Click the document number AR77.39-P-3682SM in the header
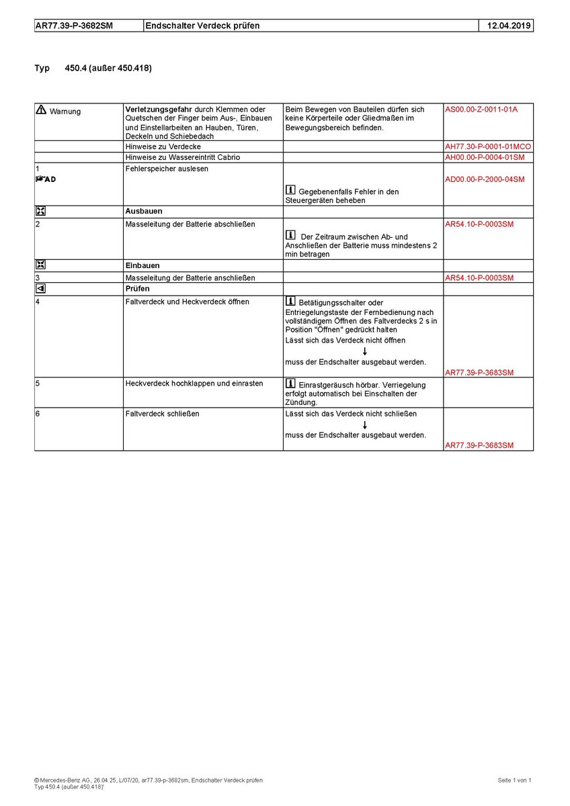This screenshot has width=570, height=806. (73, 26)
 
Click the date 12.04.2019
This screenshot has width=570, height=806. (505, 26)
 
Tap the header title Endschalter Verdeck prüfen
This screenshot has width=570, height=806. (203, 26)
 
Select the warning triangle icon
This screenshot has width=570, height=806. (41, 110)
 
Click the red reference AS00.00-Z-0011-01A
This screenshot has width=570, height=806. (481, 109)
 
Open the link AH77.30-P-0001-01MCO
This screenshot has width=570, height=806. (488, 146)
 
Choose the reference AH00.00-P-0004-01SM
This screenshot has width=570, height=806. (485, 157)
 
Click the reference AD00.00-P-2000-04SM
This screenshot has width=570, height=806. (485, 179)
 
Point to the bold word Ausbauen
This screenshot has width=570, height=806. (144, 211)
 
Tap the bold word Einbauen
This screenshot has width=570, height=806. (142, 265)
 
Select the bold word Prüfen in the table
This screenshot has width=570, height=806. (138, 288)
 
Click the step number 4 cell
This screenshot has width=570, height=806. (38, 302)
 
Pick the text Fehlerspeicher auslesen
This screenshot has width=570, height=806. (167, 169)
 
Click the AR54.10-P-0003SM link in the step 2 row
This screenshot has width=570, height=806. (479, 224)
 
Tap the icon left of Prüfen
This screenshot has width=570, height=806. (41, 289)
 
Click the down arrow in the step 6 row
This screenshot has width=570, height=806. (364, 424)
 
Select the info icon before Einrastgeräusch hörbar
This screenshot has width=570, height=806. (290, 384)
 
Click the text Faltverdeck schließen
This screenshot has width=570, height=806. (162, 414)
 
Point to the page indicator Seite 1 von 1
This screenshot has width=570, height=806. (514, 780)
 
